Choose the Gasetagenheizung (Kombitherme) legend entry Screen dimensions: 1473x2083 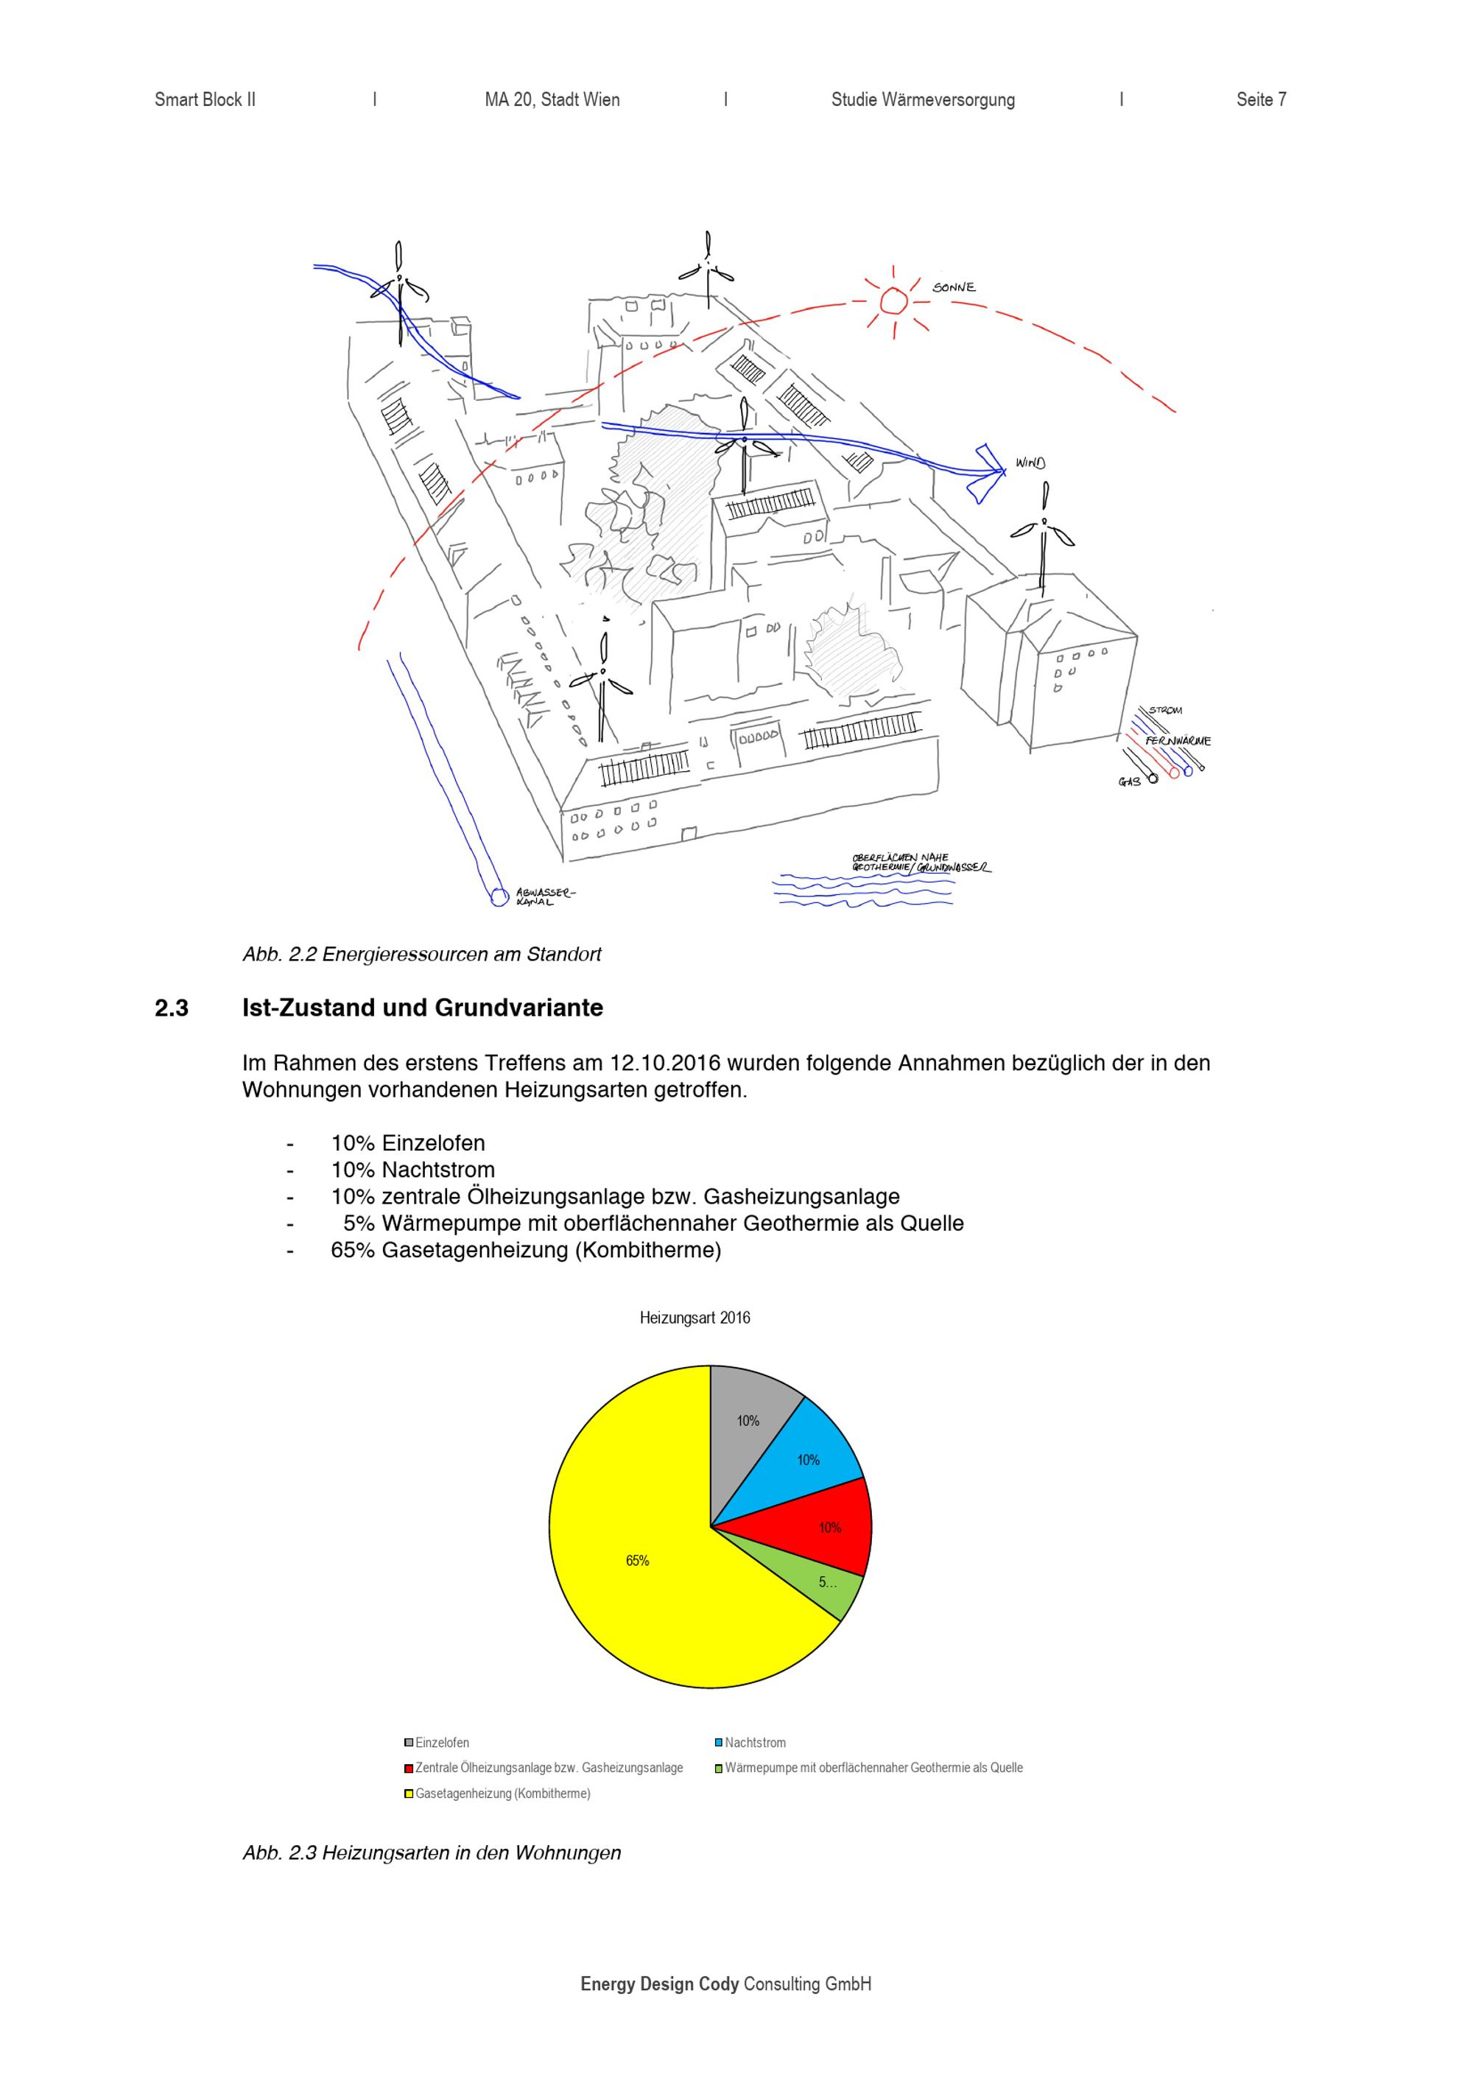coord(497,1794)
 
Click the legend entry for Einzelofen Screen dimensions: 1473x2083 coord(437,1743)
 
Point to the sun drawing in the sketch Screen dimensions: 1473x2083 coord(893,301)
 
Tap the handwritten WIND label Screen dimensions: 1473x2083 coord(1030,463)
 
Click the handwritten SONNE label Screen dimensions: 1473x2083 coord(955,287)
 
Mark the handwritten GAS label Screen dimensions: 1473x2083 coord(1129,781)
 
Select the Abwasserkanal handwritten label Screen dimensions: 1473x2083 coord(544,897)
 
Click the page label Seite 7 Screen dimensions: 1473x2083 coord(1261,99)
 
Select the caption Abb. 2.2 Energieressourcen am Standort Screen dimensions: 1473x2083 coord(422,955)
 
